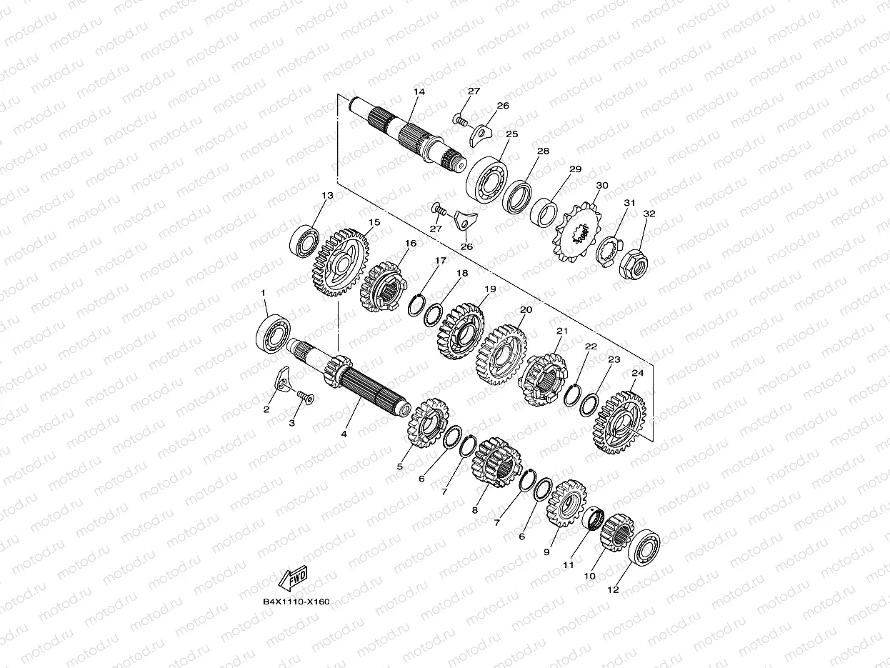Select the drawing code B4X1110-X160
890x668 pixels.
tap(296, 602)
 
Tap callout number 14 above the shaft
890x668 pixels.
tap(419, 91)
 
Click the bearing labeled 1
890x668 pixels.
tap(273, 332)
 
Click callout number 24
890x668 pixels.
tap(637, 372)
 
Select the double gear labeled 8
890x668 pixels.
tap(498, 467)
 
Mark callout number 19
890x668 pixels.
tap(489, 289)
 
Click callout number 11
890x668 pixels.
tap(568, 564)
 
